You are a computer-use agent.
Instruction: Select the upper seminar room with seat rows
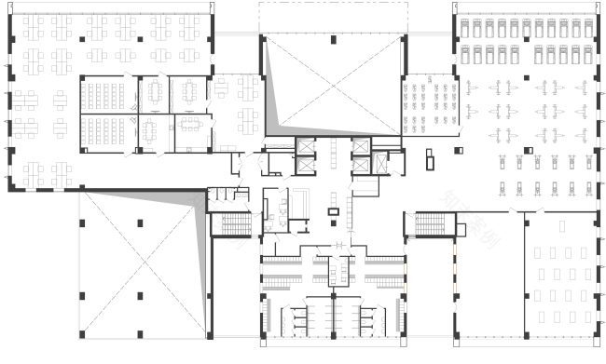click(109, 94)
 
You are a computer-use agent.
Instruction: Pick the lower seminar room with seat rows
click(109, 131)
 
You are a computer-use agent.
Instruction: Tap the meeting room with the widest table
click(192, 131)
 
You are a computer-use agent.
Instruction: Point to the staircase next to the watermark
click(434, 224)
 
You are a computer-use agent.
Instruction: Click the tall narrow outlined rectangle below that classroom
click(430, 159)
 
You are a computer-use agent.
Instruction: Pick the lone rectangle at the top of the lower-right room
click(561, 226)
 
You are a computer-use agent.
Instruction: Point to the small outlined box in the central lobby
click(334, 212)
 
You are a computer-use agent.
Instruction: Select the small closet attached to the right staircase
click(409, 223)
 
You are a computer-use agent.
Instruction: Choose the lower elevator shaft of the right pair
click(361, 165)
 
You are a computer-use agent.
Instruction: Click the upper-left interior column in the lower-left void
click(82, 223)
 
